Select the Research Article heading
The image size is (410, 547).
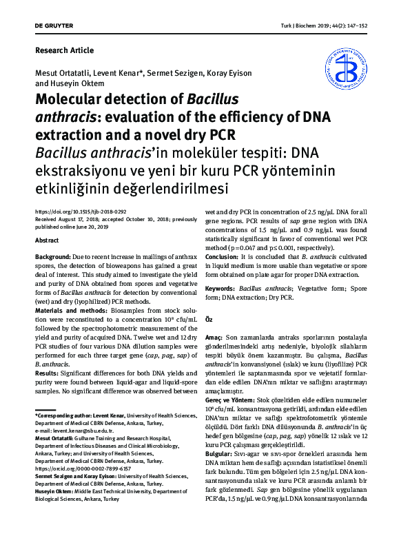[x=64, y=50]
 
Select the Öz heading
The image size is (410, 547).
[x=212, y=320]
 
